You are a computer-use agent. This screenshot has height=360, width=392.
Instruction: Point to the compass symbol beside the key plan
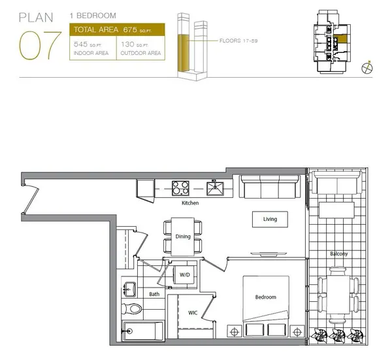coord(367,66)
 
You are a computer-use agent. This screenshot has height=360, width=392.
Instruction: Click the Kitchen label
coord(190,203)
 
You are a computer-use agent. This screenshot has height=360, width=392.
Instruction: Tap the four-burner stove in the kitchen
coord(180,188)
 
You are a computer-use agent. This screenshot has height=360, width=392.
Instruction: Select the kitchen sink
coord(215,188)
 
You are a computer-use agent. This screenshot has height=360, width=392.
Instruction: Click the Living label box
coord(270,220)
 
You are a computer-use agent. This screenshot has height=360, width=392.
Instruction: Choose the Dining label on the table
coord(183,237)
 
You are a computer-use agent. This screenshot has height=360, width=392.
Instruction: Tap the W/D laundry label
coord(186,275)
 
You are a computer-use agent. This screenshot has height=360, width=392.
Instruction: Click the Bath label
coord(154,294)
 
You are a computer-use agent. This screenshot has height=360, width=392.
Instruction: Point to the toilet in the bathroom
coord(133,308)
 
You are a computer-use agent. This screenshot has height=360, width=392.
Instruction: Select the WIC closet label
coord(193,313)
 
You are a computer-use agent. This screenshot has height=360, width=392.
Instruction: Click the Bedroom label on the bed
coord(265,297)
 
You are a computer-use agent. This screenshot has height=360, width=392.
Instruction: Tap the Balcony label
coord(338,254)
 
